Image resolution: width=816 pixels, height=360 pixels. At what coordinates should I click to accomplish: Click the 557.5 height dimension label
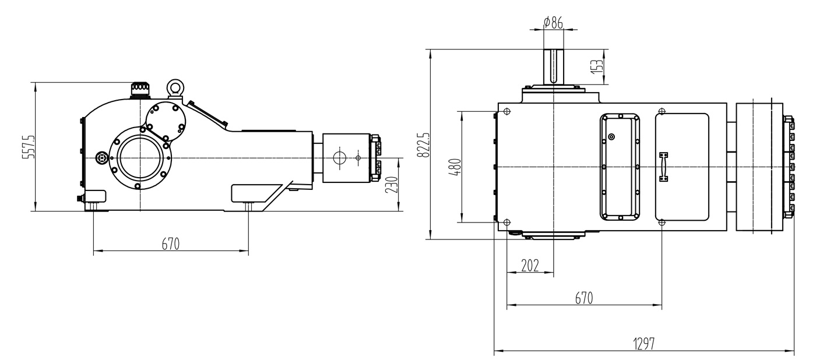tap(30, 147)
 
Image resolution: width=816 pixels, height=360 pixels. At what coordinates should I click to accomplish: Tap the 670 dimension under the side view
tap(170, 243)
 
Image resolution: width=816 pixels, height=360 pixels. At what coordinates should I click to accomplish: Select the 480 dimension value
tap(456, 167)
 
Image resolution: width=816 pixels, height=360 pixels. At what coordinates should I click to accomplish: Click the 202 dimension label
tap(529, 266)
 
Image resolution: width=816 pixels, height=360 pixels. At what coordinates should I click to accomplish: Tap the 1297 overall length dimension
tap(644, 344)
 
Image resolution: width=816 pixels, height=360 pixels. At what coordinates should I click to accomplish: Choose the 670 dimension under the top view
tap(583, 298)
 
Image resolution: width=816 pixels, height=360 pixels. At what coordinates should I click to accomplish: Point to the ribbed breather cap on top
tap(140, 88)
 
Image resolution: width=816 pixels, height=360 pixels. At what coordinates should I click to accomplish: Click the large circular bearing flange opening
tap(140, 158)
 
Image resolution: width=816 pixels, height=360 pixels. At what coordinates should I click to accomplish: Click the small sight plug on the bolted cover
tap(611, 137)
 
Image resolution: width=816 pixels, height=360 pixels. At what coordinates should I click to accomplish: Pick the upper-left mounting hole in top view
tap(507, 111)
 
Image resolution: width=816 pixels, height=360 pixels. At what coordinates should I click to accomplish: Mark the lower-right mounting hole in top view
tap(662, 223)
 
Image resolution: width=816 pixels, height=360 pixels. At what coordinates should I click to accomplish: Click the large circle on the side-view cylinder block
tap(339, 157)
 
